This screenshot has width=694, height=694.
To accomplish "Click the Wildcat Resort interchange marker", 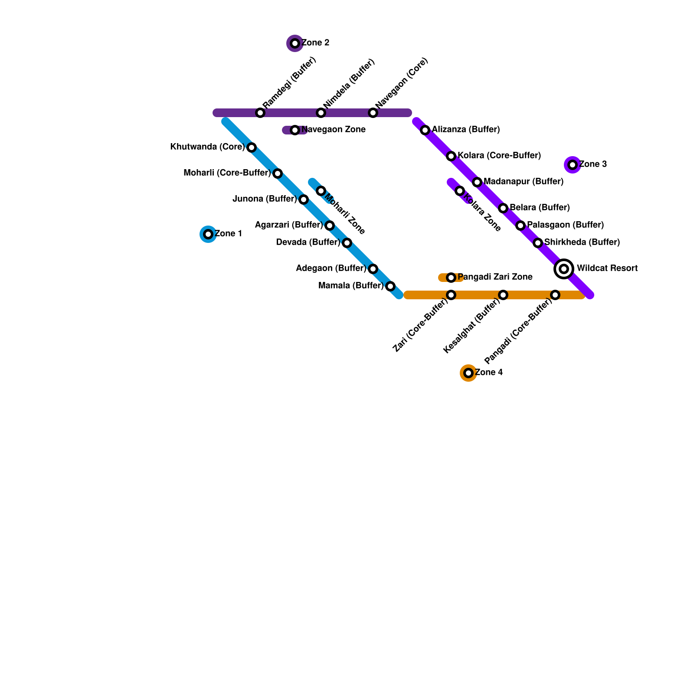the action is (x=564, y=269).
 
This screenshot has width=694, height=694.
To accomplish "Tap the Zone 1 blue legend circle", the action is (x=208, y=234).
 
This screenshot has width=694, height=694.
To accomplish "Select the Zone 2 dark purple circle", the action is (x=295, y=43).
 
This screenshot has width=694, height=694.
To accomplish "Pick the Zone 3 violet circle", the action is (x=573, y=165).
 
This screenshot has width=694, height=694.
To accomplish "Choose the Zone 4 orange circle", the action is (x=468, y=373).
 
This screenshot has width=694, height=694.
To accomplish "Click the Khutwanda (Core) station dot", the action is (x=252, y=147).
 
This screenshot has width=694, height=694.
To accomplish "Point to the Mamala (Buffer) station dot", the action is (x=390, y=286).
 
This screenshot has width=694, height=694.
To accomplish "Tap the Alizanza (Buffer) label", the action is (x=466, y=129).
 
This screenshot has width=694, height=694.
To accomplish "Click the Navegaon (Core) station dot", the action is (x=373, y=113).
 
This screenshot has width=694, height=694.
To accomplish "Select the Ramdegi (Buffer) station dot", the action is (x=260, y=113).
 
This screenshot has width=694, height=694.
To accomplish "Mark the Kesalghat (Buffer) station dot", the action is (x=503, y=295).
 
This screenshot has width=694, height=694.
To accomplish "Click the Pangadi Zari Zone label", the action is (x=495, y=277).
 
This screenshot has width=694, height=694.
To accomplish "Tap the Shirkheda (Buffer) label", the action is (x=582, y=242).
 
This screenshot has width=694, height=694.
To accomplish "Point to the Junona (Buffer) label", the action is (x=265, y=199).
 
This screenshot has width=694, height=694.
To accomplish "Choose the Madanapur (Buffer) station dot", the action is (x=477, y=182).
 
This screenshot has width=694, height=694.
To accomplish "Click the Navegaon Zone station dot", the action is (x=295, y=130).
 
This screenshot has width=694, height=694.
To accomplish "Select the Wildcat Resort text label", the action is (x=607, y=268).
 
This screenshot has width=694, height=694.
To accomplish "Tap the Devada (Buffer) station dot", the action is (x=347, y=243).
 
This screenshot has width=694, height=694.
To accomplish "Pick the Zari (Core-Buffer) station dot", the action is (x=451, y=295).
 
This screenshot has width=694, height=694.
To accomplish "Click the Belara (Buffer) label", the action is (x=540, y=207).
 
